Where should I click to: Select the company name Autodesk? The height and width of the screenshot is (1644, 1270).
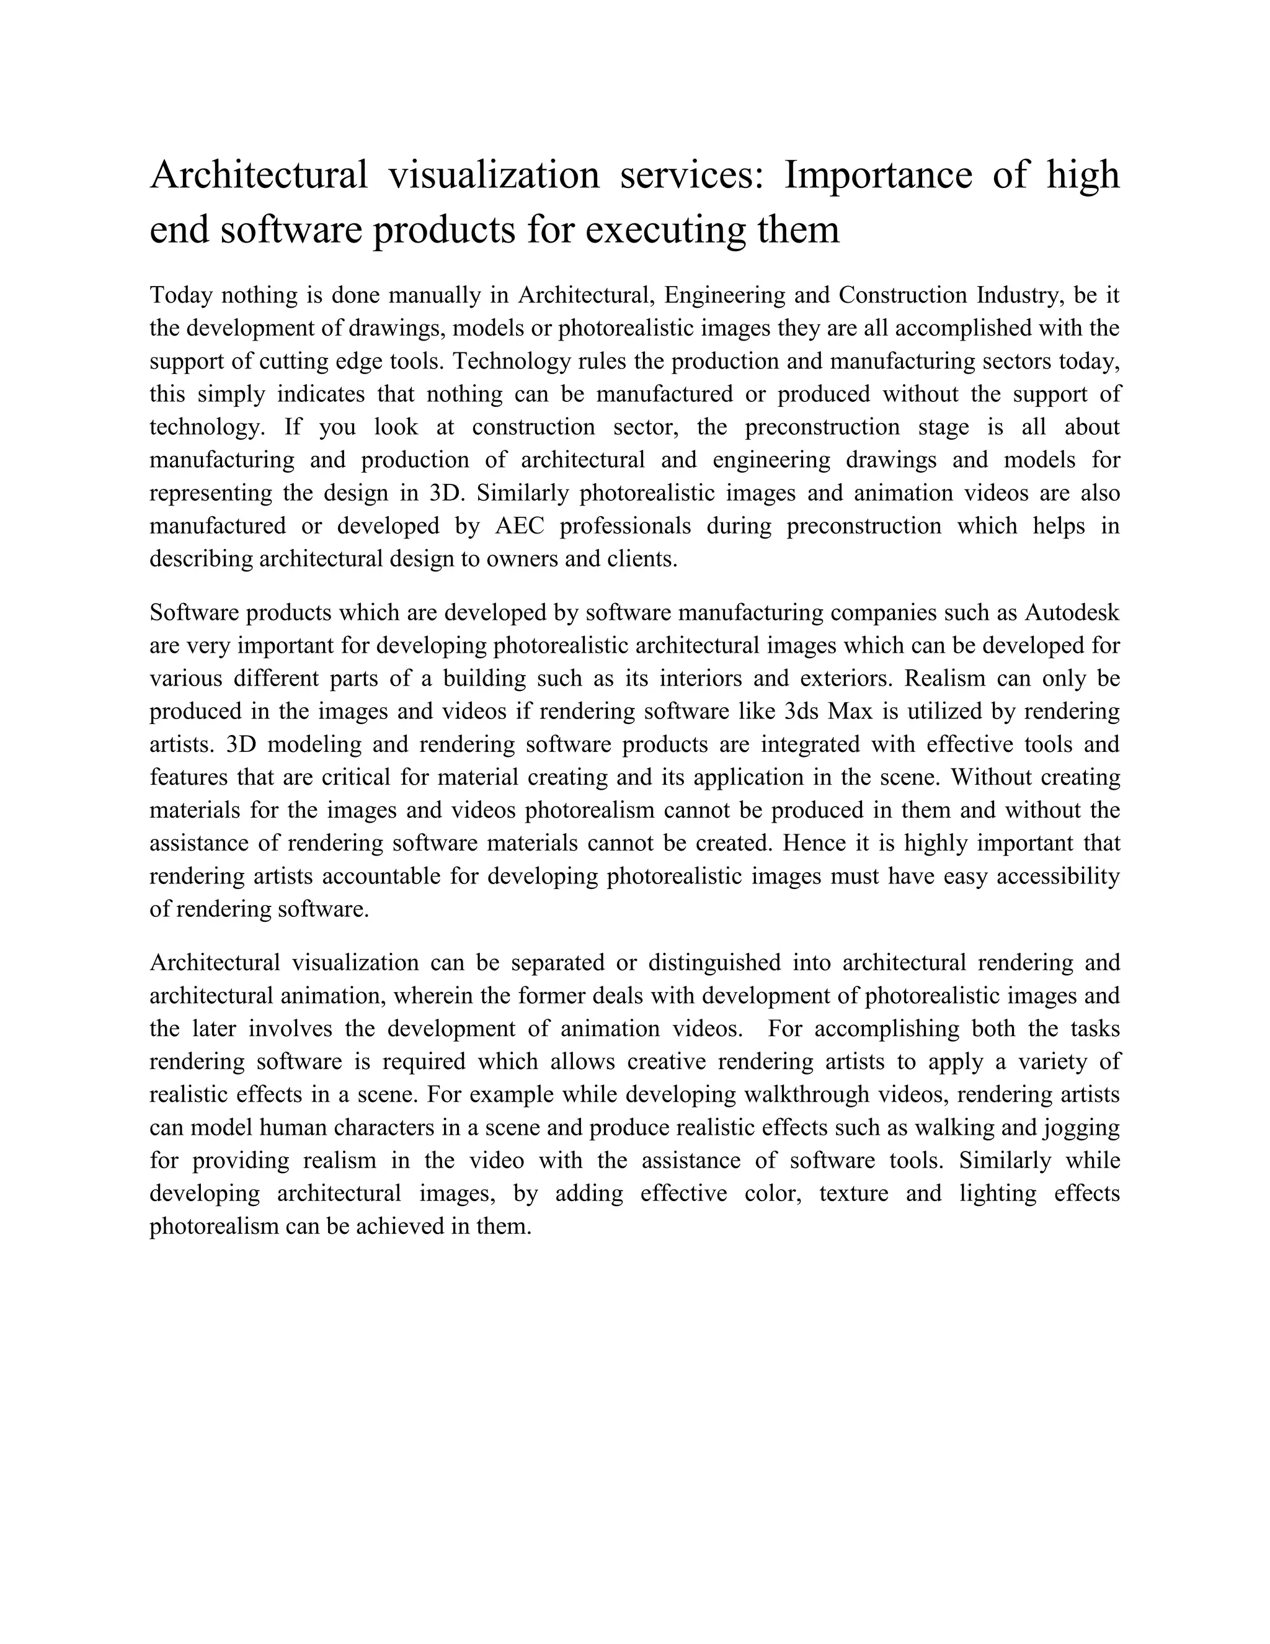pos(1072,613)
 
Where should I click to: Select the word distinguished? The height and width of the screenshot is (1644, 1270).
pos(714,963)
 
